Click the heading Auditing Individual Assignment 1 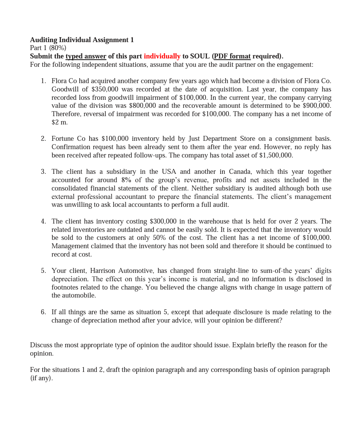pyautogui.click(x=82, y=40)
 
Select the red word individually pyautogui.click(x=162, y=56)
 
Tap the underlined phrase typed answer pyautogui.click(x=86, y=56)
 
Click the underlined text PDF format pyautogui.click(x=232, y=56)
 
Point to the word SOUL pyautogui.click(x=200, y=56)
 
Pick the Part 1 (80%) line pyautogui.click(x=48, y=48)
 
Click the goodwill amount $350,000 pyautogui.click(x=105, y=89)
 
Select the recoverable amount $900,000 pyautogui.click(x=317, y=106)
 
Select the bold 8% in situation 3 pyautogui.click(x=126, y=180)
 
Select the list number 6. pyautogui.click(x=43, y=312)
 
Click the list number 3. pyautogui.click(x=43, y=172)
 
